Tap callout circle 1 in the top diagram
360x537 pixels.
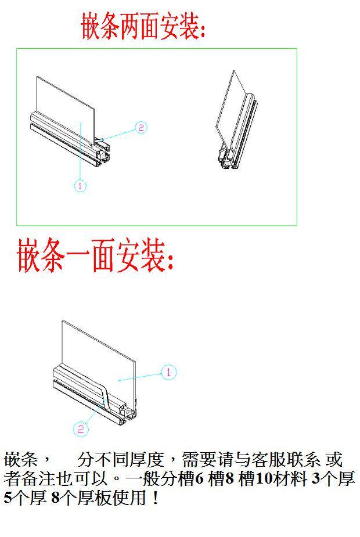pos(80,186)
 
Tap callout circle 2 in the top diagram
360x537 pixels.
pos(141,128)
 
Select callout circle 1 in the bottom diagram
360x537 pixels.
pos(168,372)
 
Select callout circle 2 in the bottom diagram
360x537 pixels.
pos(81,429)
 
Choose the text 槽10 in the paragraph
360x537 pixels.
pos(258,480)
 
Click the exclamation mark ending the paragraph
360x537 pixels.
pos(154,498)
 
